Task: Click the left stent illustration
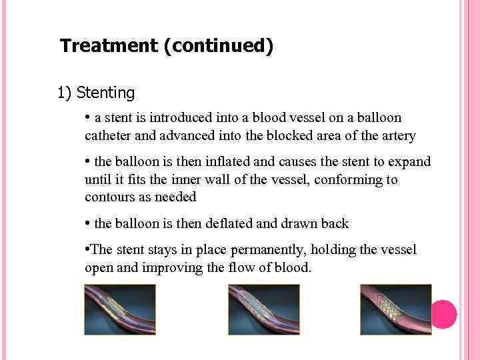120,309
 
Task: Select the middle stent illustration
264,309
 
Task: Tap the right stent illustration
396,309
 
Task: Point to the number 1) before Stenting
65,93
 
